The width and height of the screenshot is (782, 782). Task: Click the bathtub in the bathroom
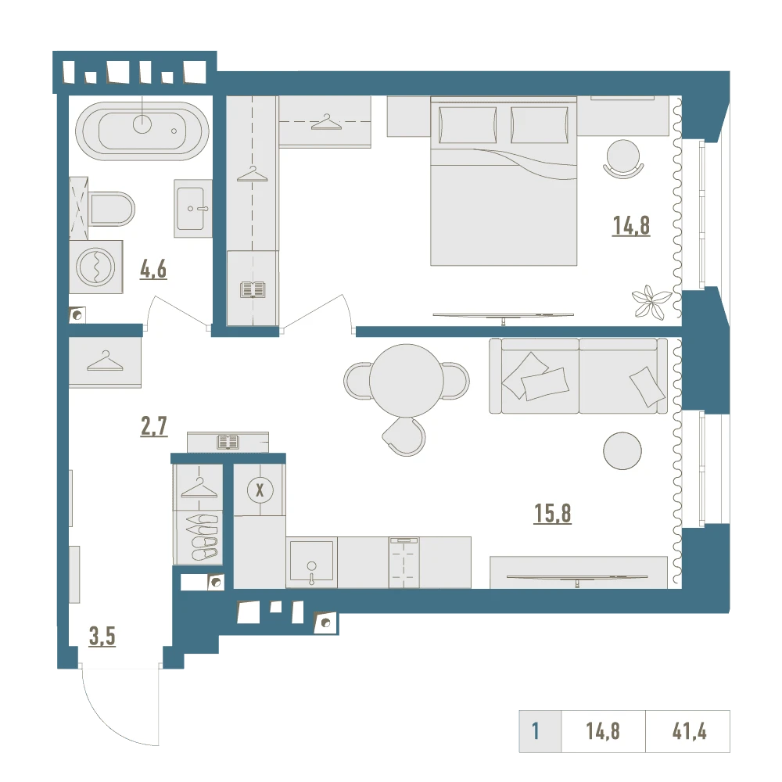142,131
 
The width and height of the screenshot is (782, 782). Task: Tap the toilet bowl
112,209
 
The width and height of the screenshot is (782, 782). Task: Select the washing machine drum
95,267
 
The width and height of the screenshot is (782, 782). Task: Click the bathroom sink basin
191,209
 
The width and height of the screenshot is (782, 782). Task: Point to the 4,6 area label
153,270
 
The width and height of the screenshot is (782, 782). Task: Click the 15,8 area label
553,513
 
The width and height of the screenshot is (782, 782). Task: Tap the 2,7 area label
154,427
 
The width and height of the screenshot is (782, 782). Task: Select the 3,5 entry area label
102,637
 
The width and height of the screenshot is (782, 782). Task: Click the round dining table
407,381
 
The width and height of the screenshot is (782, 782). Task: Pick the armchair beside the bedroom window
623,159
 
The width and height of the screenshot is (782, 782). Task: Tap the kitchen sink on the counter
312,561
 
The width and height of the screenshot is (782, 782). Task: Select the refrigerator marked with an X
260,490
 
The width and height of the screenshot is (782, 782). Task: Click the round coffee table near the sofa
622,451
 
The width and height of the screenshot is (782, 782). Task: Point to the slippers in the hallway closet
203,536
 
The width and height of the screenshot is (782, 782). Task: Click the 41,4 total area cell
689,732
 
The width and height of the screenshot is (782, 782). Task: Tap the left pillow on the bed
468,124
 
